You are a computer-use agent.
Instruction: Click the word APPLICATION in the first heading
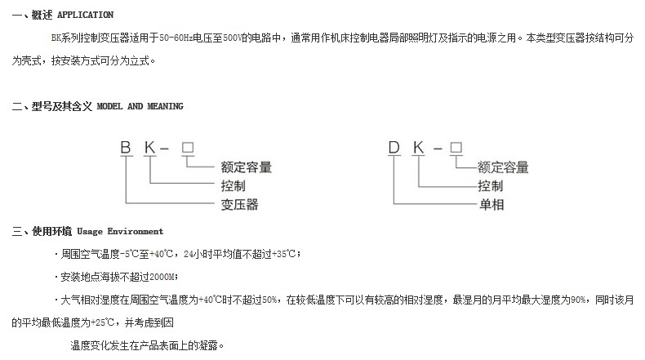(x=85, y=15)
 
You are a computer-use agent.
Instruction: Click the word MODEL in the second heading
(x=109, y=106)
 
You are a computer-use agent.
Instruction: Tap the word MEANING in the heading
(x=166, y=106)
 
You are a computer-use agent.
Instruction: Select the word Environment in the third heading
(x=136, y=231)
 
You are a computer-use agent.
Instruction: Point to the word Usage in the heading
(x=90, y=232)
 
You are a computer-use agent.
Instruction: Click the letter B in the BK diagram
(x=126, y=147)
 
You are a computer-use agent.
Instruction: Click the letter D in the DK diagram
(x=394, y=147)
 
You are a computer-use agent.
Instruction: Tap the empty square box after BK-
(x=188, y=147)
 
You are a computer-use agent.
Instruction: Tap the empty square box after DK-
(x=456, y=147)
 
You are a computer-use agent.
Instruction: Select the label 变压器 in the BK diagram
(x=239, y=204)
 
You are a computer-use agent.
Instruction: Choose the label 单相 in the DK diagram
(x=492, y=204)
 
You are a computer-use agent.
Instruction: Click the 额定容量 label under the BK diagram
(x=246, y=167)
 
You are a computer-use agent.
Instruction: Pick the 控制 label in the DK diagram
(x=491, y=186)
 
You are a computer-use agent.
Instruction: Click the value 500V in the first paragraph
(x=232, y=38)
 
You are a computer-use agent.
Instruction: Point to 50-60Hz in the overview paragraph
(x=176, y=38)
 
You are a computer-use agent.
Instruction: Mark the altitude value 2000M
(x=162, y=277)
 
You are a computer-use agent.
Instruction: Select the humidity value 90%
(x=578, y=300)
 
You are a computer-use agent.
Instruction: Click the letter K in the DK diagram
(x=418, y=147)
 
